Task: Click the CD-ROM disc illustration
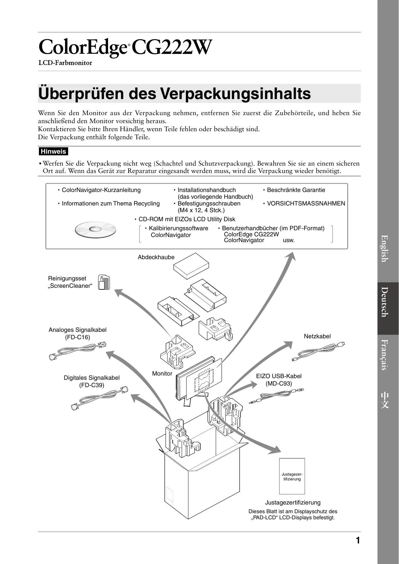click(x=95, y=229)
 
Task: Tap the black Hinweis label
click(x=53, y=151)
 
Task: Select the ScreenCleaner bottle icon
click(x=104, y=283)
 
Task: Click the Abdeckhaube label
click(x=156, y=257)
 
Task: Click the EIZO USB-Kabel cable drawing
click(x=276, y=396)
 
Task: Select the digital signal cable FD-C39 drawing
click(x=99, y=398)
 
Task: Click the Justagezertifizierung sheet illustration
click(x=292, y=476)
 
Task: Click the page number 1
click(x=358, y=541)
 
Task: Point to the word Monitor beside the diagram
click(x=162, y=374)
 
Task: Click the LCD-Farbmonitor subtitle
click(x=65, y=63)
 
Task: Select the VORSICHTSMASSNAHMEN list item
click(x=306, y=204)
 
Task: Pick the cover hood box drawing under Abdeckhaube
click(x=191, y=267)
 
